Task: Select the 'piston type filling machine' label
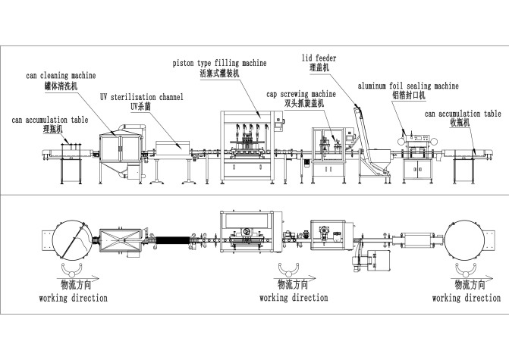click(x=219, y=63)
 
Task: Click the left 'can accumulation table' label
click(x=49, y=120)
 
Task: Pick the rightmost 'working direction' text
click(x=466, y=298)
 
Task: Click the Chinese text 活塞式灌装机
click(x=219, y=74)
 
